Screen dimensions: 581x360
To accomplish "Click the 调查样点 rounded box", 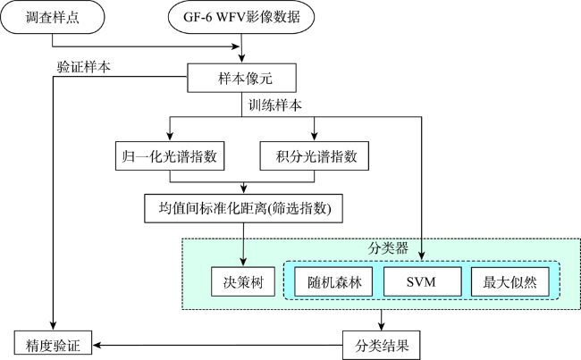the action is coord(52,17).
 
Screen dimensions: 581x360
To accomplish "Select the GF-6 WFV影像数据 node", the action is coord(241,17).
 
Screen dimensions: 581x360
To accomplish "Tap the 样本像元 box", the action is coord(241,78).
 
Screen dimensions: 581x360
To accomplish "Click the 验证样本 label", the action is coord(83,67).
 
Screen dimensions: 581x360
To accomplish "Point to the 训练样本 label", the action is coord(274,105).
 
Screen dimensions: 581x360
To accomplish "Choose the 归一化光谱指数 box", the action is coord(170,156).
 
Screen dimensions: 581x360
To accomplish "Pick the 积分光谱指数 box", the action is coord(315,156).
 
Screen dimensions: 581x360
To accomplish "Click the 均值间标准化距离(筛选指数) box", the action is coord(243,208).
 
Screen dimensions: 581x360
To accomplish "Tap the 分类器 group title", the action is coord(388,248).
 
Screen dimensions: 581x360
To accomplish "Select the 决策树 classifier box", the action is coord(243,281).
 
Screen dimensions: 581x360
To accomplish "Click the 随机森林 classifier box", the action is coord(333,281).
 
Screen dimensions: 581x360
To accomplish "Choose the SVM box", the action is coord(423,281).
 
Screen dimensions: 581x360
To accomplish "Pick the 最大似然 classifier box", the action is coord(509,281).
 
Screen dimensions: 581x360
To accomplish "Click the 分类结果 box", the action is coord(382,346).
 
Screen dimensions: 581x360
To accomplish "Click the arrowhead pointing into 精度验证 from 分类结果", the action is coord(97,346).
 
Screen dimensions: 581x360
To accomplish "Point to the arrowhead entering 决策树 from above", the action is coord(243,262).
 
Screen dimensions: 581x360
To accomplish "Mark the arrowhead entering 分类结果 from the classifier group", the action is coord(382,325).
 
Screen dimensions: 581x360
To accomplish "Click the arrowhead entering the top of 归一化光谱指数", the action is coord(170,136).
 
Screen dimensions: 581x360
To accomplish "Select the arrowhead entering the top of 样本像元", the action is coord(241,58).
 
